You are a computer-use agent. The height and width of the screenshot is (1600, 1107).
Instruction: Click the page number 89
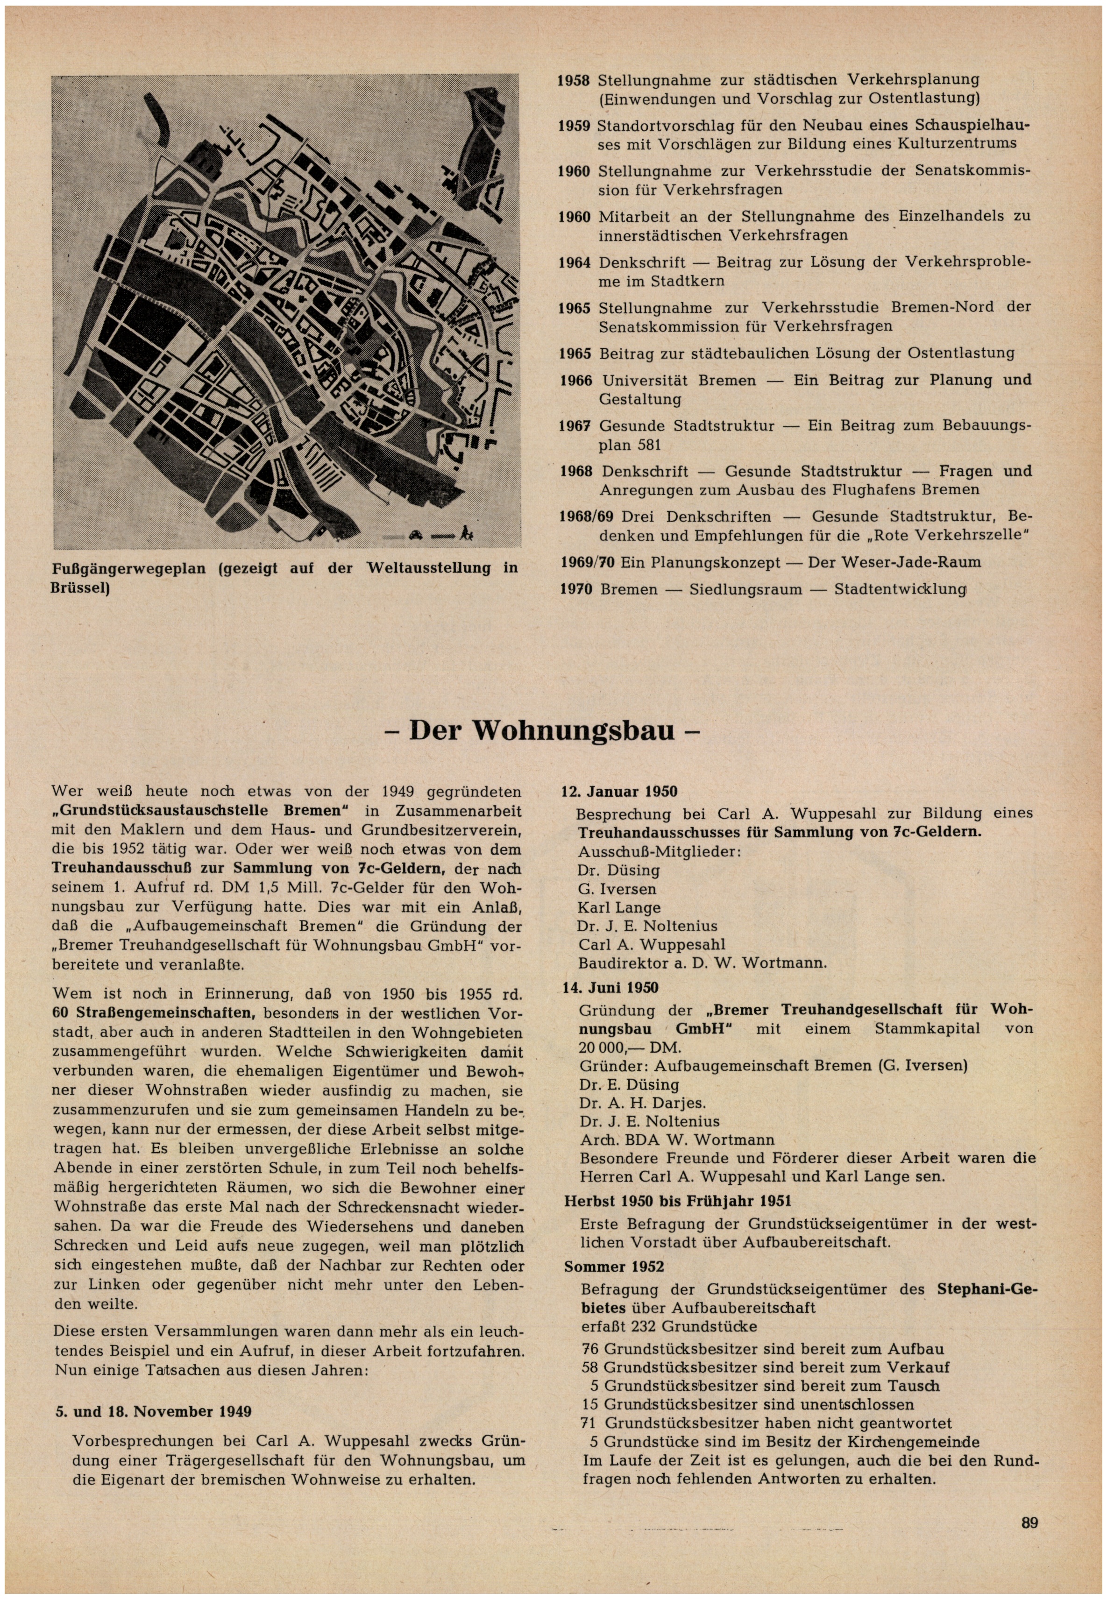click(x=1029, y=1523)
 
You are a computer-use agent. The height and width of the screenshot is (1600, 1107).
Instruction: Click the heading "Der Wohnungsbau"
click(x=541, y=731)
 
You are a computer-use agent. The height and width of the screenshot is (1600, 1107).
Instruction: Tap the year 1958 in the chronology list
click(x=574, y=80)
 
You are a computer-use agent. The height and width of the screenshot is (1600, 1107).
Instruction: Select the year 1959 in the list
click(x=574, y=126)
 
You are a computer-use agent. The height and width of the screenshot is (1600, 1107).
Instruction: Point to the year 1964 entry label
click(x=575, y=263)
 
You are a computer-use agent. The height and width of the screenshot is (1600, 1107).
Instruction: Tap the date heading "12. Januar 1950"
click(x=619, y=791)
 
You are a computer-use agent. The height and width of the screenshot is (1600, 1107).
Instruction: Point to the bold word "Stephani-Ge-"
click(x=985, y=1289)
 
